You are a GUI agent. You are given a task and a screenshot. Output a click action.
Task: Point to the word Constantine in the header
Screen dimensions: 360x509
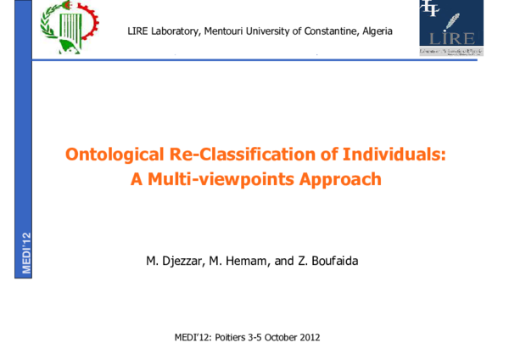click(x=332, y=31)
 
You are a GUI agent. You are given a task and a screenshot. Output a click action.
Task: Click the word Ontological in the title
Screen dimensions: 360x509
click(x=111, y=155)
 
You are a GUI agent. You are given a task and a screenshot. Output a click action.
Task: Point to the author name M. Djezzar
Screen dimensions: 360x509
click(x=176, y=261)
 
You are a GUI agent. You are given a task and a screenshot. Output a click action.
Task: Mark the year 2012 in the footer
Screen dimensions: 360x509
click(x=310, y=338)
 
